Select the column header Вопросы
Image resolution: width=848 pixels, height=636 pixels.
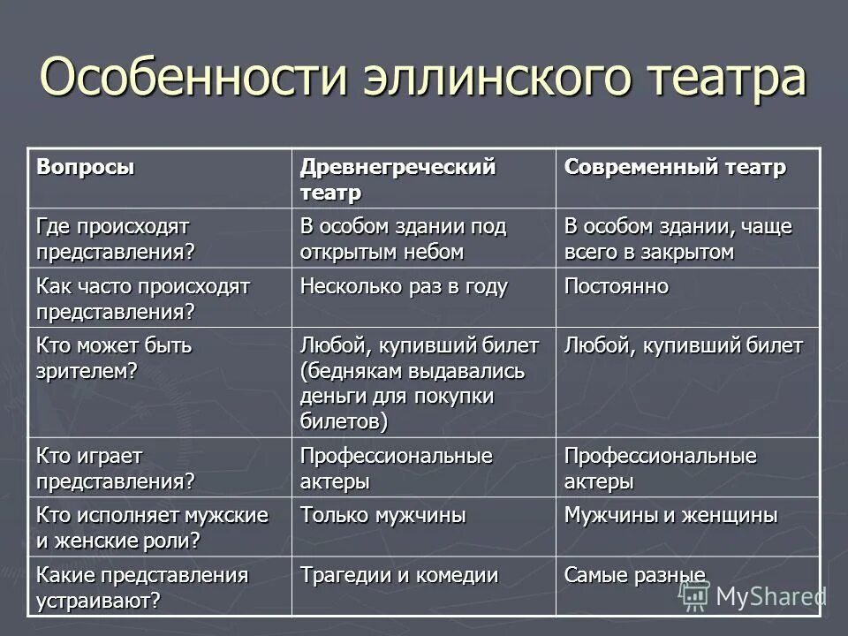click(x=86, y=166)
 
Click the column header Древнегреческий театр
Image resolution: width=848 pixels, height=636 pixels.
click(x=397, y=178)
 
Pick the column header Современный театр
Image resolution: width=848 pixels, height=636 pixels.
click(x=675, y=167)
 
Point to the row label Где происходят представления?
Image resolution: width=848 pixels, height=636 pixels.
click(x=115, y=238)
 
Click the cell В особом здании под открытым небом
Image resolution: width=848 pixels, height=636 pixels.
click(x=403, y=238)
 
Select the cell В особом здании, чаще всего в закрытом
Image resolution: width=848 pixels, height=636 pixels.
click(x=678, y=238)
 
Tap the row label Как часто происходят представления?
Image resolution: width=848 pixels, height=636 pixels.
click(x=143, y=299)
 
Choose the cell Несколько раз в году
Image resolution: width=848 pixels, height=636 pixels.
click(x=404, y=287)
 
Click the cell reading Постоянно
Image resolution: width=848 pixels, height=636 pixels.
click(x=617, y=287)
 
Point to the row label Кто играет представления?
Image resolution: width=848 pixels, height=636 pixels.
click(x=115, y=468)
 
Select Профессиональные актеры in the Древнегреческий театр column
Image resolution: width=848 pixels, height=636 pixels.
click(x=396, y=468)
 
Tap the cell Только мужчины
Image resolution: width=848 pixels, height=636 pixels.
click(x=382, y=515)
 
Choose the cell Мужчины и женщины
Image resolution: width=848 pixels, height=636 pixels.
click(x=670, y=515)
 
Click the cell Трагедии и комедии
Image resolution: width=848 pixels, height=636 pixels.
click(x=398, y=575)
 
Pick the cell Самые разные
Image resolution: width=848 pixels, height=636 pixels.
click(x=634, y=575)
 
